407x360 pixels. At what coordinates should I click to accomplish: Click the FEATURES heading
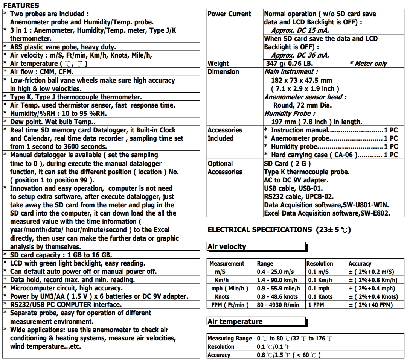21,5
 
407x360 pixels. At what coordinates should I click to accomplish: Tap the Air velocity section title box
256,247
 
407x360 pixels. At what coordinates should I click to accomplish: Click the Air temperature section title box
256,322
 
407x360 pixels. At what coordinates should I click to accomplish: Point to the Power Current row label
229,14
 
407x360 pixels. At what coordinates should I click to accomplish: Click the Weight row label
218,64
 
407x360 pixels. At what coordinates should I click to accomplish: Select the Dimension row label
223,72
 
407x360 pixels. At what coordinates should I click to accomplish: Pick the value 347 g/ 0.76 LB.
290,64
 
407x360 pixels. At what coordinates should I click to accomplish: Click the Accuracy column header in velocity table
360,264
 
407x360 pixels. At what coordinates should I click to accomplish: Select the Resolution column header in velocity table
320,264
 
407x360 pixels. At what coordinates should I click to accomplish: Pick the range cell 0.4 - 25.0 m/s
275,272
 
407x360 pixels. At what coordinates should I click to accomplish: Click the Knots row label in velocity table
222,297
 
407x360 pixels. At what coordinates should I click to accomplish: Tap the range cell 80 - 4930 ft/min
278,305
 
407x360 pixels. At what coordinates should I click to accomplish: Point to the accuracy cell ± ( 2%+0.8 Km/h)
373,280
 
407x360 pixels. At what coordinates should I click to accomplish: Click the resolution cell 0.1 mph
319,289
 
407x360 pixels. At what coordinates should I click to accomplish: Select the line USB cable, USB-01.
293,188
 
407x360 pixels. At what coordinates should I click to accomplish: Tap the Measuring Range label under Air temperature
230,339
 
